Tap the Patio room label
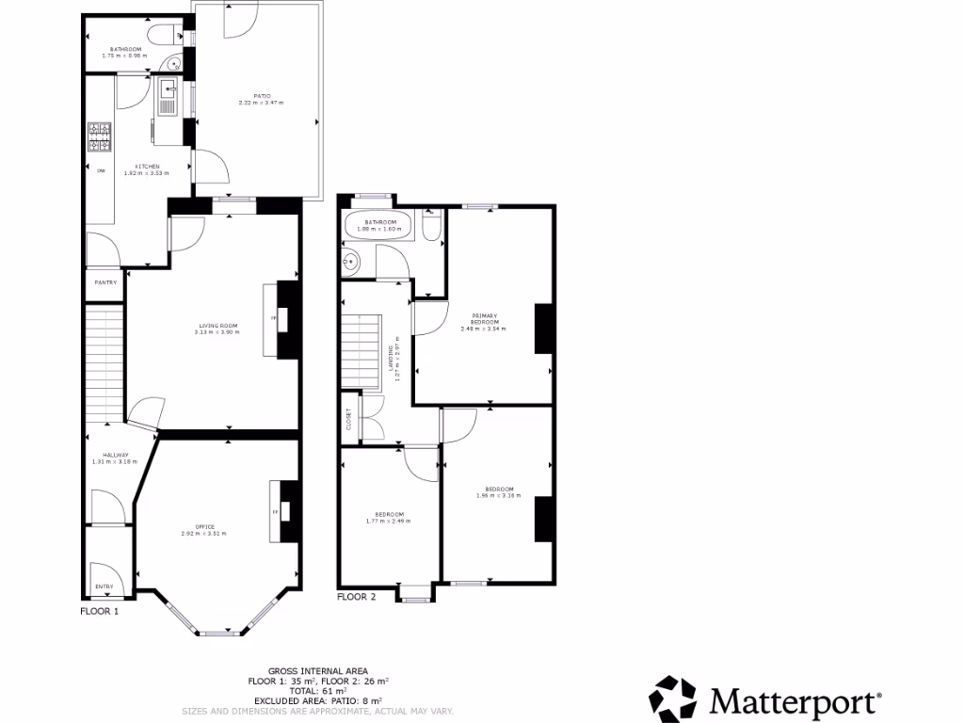[x=261, y=95]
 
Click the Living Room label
[x=217, y=326]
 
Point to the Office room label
[x=205, y=526]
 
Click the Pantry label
[x=104, y=281]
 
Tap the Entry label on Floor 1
[x=104, y=586]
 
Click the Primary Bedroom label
[x=483, y=319]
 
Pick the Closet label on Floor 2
[x=348, y=418]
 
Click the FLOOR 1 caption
[x=99, y=611]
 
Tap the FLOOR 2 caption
[x=356, y=597]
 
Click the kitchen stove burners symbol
[x=99, y=137]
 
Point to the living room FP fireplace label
[x=274, y=318]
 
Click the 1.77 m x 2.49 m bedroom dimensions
[x=388, y=521]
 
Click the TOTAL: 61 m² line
[x=318, y=691]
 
